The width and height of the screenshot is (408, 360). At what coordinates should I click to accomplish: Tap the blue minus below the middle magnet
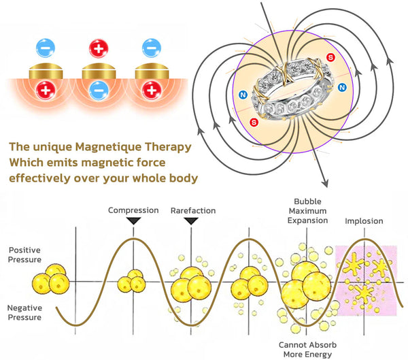tap(97, 90)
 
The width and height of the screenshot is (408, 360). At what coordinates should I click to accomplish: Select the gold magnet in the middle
tap(97, 70)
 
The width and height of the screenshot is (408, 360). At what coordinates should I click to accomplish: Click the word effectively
tap(44, 178)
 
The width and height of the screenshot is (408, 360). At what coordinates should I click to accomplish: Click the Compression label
tap(133, 210)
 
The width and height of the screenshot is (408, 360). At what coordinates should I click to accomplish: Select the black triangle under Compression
tap(133, 220)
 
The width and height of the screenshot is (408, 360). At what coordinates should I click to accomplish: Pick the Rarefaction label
tap(192, 210)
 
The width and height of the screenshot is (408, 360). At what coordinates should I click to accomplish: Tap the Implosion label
tap(363, 221)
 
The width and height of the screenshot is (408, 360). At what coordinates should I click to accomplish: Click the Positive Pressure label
tap(25, 255)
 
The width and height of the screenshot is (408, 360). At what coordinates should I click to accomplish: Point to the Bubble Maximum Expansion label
tap(309, 211)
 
